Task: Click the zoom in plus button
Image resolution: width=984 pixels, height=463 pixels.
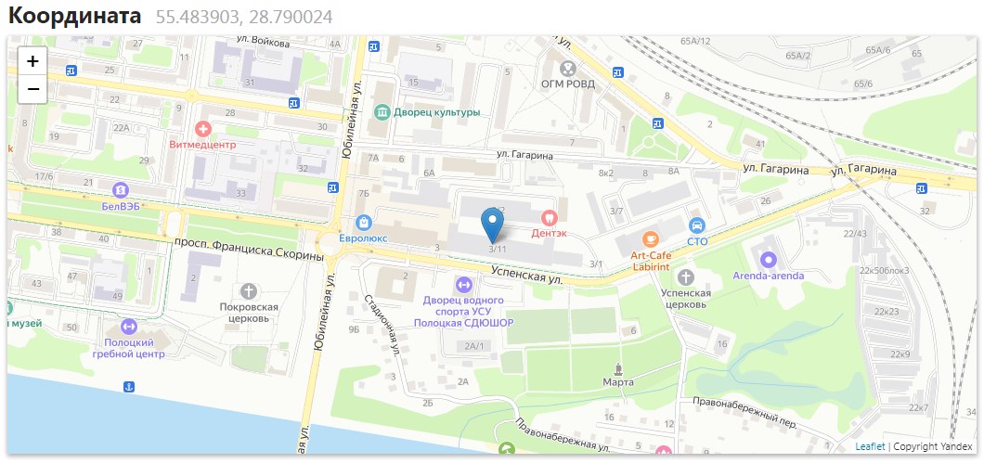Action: (32, 61)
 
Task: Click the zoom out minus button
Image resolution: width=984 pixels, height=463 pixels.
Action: (32, 89)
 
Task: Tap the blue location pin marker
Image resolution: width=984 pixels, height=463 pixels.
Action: (493, 225)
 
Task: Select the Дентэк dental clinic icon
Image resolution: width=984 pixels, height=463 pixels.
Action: (549, 215)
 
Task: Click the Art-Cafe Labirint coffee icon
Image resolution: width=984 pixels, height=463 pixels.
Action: (650, 238)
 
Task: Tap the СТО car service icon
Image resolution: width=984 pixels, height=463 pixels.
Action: (697, 225)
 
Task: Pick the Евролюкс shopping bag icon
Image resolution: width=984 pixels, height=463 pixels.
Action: (363, 222)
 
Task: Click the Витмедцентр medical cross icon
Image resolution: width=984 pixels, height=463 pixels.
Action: (202, 128)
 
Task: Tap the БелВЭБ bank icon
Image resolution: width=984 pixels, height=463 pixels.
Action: (120, 189)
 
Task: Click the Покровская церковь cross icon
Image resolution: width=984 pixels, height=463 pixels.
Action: (249, 291)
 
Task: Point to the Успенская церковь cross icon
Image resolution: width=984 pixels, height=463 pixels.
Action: (685, 277)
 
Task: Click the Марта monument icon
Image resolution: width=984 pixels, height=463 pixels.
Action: (618, 367)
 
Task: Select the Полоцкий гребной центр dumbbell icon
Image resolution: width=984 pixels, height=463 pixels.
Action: (128, 327)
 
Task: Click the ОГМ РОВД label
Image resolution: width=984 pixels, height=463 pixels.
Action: (567, 84)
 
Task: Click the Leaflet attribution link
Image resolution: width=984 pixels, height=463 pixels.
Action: (870, 446)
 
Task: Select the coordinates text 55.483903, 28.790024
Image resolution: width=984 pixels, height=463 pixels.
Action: (243, 17)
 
